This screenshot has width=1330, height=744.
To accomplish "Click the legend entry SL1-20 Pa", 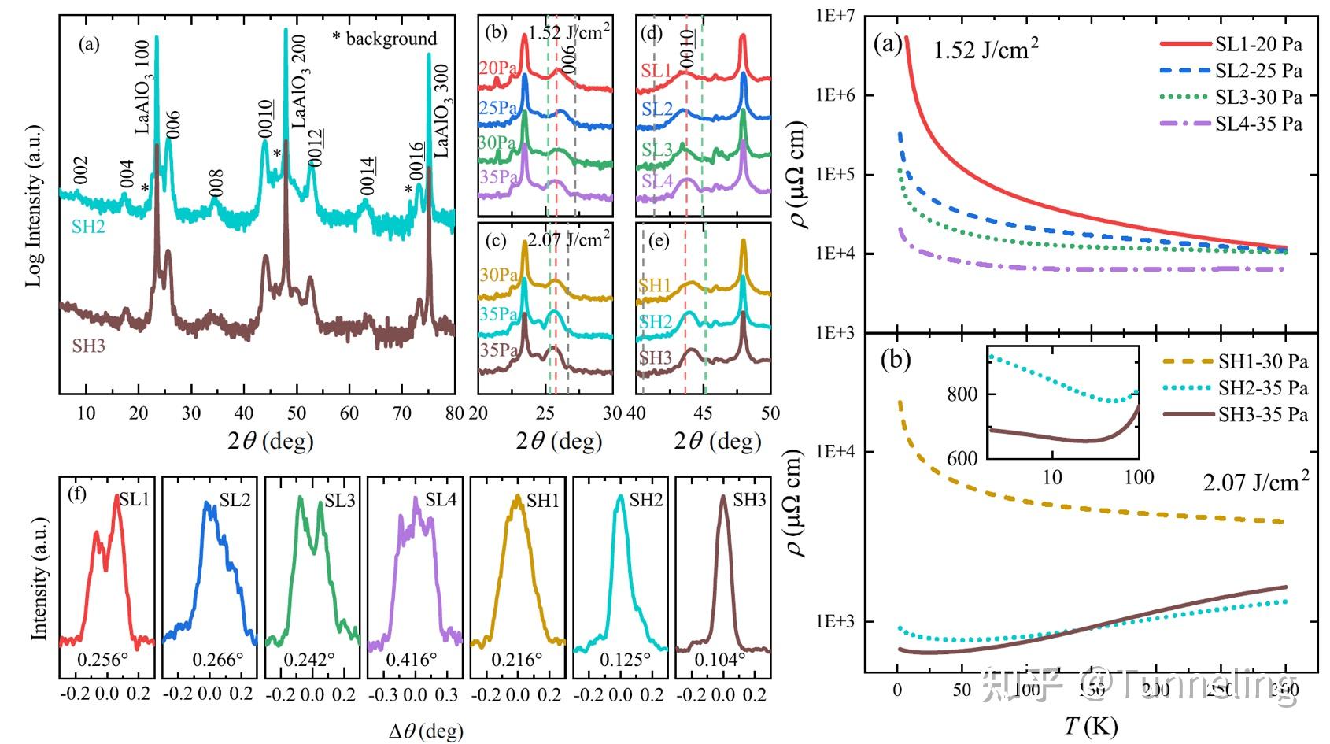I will point(1258,45).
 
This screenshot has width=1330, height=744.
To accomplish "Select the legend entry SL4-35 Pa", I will point(1258,124).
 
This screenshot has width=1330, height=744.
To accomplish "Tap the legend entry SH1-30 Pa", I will point(1262,362).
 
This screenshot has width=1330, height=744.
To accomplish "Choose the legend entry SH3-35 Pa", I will point(1262,414).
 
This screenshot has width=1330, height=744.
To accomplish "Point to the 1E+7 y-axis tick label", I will point(835,16).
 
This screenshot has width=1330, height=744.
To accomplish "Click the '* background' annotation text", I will point(384,39).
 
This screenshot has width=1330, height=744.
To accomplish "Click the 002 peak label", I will point(80,171).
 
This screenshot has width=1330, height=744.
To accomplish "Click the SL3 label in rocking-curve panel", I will point(340,501).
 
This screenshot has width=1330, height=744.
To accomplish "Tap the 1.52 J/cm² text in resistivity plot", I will point(985,50).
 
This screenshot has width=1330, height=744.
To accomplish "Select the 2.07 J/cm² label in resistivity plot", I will point(1255,482).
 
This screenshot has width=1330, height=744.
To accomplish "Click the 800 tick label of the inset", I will point(962,394).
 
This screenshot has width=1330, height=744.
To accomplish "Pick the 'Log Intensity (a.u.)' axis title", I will point(35,205).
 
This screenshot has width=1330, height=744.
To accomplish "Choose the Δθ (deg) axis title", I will point(426,731).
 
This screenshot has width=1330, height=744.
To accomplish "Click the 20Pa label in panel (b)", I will point(497,69).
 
